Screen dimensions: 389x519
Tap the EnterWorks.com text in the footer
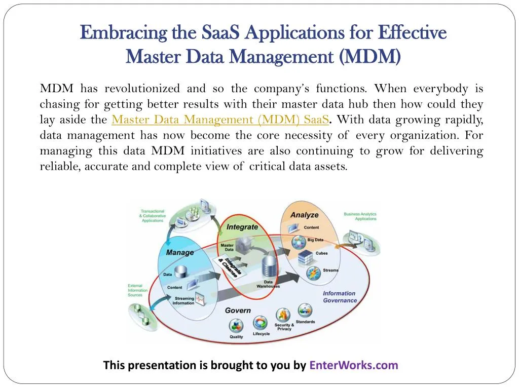354,365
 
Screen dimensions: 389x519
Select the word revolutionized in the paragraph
142,89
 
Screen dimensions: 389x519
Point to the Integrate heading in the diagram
242,227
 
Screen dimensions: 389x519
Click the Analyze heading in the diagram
304,215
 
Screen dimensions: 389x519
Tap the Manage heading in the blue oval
180,252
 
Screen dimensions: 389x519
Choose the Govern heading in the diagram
238,310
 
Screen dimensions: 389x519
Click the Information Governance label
340,297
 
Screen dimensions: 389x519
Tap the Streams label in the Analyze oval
330,270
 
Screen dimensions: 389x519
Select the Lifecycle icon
261,323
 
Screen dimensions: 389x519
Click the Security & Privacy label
284,327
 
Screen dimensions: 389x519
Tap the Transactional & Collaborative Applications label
153,216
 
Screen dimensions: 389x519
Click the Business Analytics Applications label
360,216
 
